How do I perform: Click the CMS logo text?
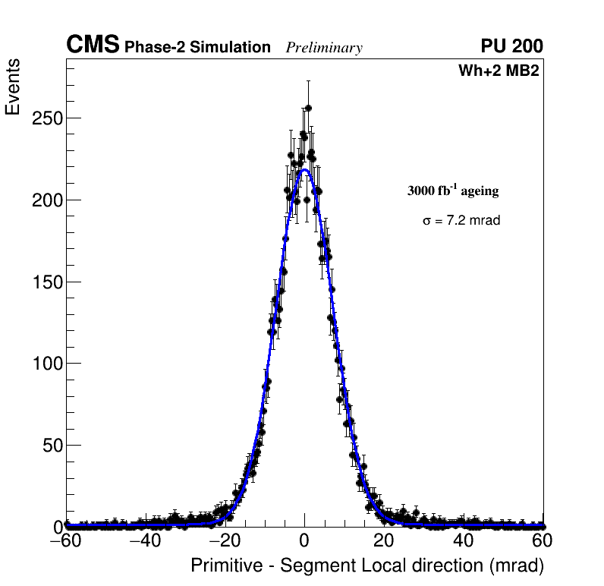pyautogui.click(x=93, y=46)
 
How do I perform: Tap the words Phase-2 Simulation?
pyautogui.click(x=197, y=48)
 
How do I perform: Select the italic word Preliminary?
pyautogui.click(x=324, y=49)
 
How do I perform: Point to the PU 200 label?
pyautogui.click(x=511, y=46)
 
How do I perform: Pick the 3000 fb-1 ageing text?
pyautogui.click(x=453, y=191)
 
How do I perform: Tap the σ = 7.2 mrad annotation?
pyautogui.click(x=461, y=221)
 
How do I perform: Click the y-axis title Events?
pyautogui.click(x=13, y=87)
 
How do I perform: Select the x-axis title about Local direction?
pyautogui.click(x=367, y=566)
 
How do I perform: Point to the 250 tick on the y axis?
pyautogui.click(x=47, y=118)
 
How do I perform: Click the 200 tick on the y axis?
pyautogui.click(x=47, y=200)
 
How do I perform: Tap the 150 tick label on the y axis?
pyautogui.click(x=47, y=282)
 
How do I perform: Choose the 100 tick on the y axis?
pyautogui.click(x=47, y=364)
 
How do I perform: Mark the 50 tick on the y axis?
pyautogui.click(x=52, y=446)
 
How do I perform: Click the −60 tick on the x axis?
pyautogui.click(x=66, y=542)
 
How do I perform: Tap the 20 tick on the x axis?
pyautogui.click(x=384, y=542)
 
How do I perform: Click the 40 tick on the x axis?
pyautogui.click(x=464, y=542)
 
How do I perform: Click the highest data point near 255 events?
pyautogui.click(x=308, y=108)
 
